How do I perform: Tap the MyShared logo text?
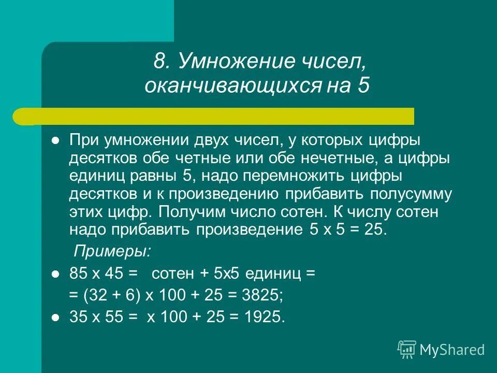click(452, 350)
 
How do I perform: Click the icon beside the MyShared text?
click(407, 349)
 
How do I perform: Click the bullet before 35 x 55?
click(56, 318)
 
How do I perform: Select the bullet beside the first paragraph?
click(56, 141)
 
